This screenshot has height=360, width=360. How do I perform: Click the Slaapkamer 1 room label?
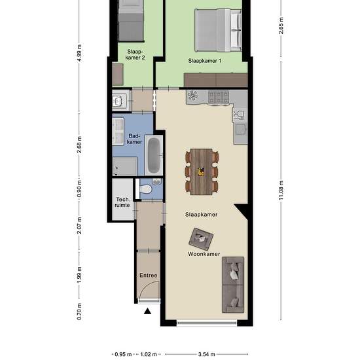pyautogui.click(x=205, y=61)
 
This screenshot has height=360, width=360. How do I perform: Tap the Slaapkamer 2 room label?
pyautogui.click(x=135, y=54)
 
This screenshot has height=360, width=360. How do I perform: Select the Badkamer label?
pyautogui.click(x=134, y=139)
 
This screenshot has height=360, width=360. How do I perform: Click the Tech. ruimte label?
pyautogui.click(x=122, y=202)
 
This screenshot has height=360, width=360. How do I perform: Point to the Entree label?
pyautogui.click(x=149, y=276)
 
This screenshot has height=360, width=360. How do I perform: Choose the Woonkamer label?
pyautogui.click(x=204, y=254)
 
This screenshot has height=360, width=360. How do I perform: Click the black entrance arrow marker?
pyautogui.click(x=147, y=311)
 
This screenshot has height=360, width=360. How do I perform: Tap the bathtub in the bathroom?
pyautogui.click(x=154, y=155)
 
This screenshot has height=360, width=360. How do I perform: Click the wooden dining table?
pyautogui.click(x=202, y=171)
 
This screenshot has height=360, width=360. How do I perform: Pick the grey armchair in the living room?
pyautogui.click(x=201, y=239)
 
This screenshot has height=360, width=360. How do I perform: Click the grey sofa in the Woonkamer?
pyautogui.click(x=233, y=285)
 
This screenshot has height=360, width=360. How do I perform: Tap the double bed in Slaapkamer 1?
pyautogui.click(x=218, y=30)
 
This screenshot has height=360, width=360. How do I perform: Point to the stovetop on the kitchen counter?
pyautogui.click(x=219, y=97)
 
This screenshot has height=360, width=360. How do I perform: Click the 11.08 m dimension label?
pyautogui.click(x=281, y=190)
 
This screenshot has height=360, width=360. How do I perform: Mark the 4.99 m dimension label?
pyautogui.click(x=79, y=53)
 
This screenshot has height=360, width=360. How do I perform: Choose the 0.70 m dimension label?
pyautogui.click(x=79, y=312)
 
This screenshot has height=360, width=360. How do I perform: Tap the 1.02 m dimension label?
pyautogui.click(x=149, y=354)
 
